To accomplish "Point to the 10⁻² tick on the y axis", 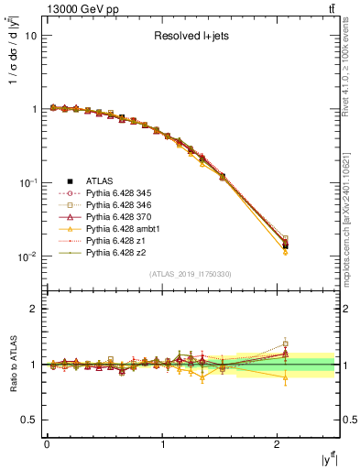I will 27,256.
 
